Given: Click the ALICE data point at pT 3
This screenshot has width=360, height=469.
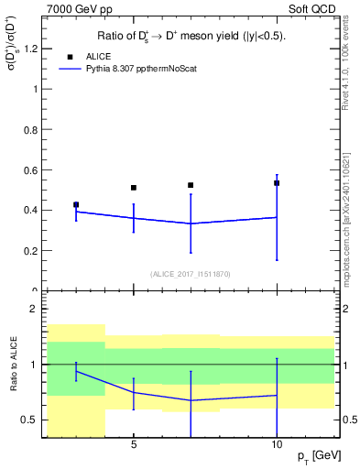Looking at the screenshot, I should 76,205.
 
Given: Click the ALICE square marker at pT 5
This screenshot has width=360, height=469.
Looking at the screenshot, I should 134,188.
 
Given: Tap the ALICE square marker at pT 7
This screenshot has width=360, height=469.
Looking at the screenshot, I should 191,185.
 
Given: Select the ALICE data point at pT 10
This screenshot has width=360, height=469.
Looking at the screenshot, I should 277,183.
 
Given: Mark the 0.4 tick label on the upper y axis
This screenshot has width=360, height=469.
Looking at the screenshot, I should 35,210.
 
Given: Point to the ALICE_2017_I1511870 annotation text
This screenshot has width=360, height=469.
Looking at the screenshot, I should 190,273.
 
